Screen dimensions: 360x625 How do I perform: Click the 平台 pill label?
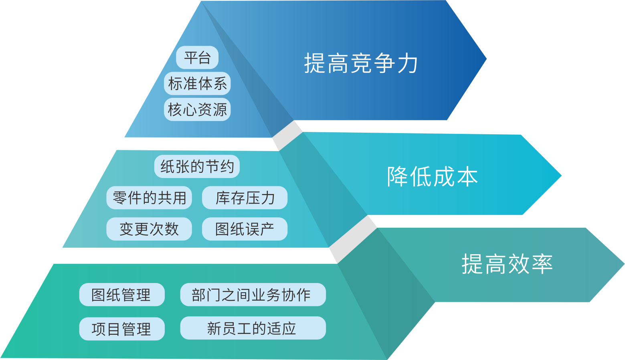coord(197,58)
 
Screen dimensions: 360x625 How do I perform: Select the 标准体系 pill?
coord(197,84)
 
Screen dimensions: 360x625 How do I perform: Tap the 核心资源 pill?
coord(197,109)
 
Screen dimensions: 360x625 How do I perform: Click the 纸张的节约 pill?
coord(197,166)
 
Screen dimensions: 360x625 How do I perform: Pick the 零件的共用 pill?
coord(149,198)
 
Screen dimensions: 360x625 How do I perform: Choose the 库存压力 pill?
coord(245,198)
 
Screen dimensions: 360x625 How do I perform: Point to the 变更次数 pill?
coord(149,229)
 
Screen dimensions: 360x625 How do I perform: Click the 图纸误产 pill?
coord(245,229)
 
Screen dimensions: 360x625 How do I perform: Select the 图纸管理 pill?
coord(122,295)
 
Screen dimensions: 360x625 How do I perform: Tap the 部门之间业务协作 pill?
coord(253,295)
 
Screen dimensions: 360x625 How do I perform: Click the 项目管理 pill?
coord(122,329)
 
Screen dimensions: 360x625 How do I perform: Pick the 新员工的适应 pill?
coord(253,328)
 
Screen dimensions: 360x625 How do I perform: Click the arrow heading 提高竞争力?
coord(361,63)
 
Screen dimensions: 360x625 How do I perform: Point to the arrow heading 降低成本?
coord(432,176)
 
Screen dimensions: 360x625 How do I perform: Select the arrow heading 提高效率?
coord(507,264)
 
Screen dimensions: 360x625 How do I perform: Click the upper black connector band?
coord(287,135)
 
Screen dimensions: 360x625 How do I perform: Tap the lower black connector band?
coord(353,239)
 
